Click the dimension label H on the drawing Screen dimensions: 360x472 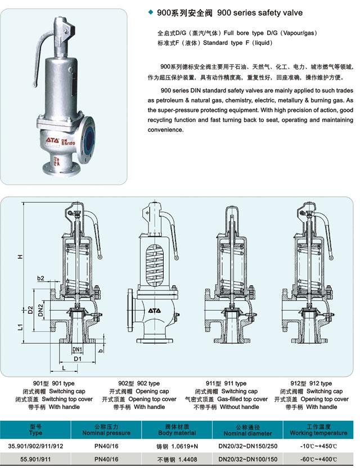pos(20,257)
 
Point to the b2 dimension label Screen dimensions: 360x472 pos(40,278)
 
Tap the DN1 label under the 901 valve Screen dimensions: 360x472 pos(78,349)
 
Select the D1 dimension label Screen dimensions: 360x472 pos(78,358)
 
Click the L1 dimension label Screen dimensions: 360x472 pos(20,327)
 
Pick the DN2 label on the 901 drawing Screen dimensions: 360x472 pos(40,310)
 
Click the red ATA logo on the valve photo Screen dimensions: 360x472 pos(52,140)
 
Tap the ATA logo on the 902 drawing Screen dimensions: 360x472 pos(154,311)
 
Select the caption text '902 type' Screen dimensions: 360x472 pos(148,383)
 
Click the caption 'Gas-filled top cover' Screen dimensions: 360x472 pos(242,399)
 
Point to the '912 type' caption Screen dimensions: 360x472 pos(321,383)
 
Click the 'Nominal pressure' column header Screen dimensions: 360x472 pos(106,433)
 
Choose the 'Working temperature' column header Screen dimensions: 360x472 pos(318,433)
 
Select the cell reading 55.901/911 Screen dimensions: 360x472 pos(35,460)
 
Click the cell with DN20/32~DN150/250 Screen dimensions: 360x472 pos(248,446)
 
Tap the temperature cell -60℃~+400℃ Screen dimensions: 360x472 pos(318,460)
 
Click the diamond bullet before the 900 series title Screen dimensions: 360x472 pos(151,12)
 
